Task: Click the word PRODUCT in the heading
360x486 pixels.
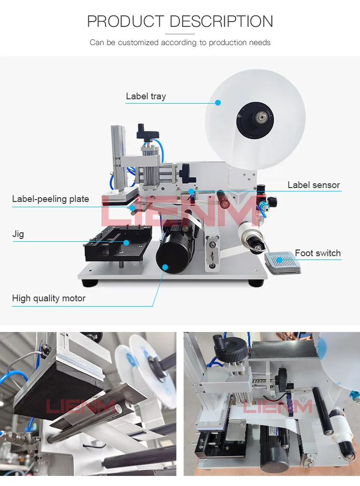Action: coord(126,22)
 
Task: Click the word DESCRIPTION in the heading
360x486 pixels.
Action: coord(221,22)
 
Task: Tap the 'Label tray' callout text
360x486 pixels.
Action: coord(145,96)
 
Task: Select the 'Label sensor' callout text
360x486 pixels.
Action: coord(313,185)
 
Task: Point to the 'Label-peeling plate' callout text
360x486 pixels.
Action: coord(50,199)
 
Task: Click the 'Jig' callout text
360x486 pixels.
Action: coord(18,235)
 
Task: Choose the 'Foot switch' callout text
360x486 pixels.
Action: coord(317,253)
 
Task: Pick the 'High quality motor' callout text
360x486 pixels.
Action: coord(48,298)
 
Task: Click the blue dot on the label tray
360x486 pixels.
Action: coord(218,102)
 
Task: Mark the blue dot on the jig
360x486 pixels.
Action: coord(126,242)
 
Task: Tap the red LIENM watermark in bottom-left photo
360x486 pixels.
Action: coord(80,407)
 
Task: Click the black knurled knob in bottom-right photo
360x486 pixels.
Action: coord(232,350)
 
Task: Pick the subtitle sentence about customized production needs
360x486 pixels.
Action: coord(180,43)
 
